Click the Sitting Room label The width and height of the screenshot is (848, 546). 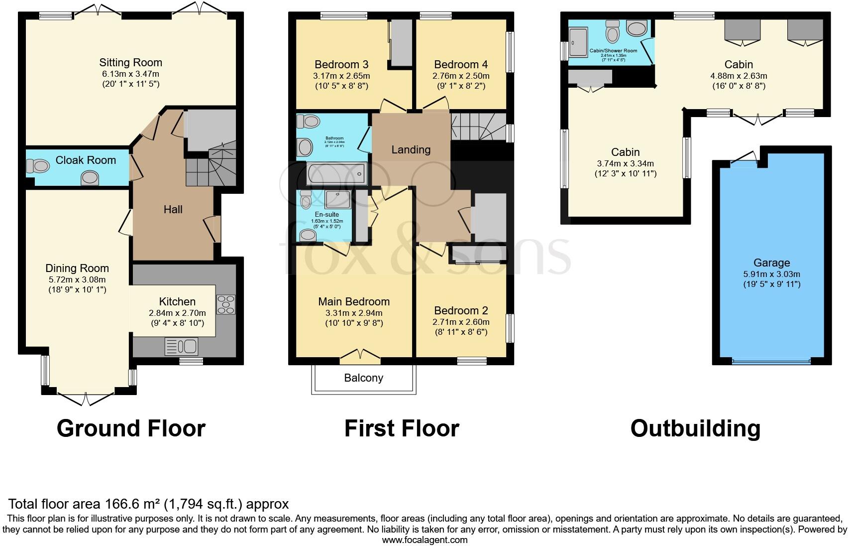(x=130, y=63)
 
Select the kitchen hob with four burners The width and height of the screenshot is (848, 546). (x=225, y=304)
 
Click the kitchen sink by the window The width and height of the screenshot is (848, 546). (x=181, y=346)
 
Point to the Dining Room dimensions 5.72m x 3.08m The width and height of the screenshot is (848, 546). (x=77, y=280)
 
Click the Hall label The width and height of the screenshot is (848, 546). (x=173, y=210)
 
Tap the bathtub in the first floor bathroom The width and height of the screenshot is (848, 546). (x=337, y=174)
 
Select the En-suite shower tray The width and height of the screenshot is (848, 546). (x=338, y=199)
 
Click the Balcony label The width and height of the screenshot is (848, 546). (x=363, y=378)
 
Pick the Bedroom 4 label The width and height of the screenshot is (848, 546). (x=461, y=65)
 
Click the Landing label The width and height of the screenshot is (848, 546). (x=411, y=150)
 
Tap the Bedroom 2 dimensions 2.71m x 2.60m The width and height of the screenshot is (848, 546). (x=461, y=322)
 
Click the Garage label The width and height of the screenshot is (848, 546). (x=771, y=263)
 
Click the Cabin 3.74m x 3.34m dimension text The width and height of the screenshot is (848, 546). (x=626, y=163)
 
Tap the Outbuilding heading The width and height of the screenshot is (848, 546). (x=695, y=428)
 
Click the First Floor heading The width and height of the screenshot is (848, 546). (x=402, y=428)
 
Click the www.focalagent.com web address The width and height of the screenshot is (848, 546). (x=424, y=540)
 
